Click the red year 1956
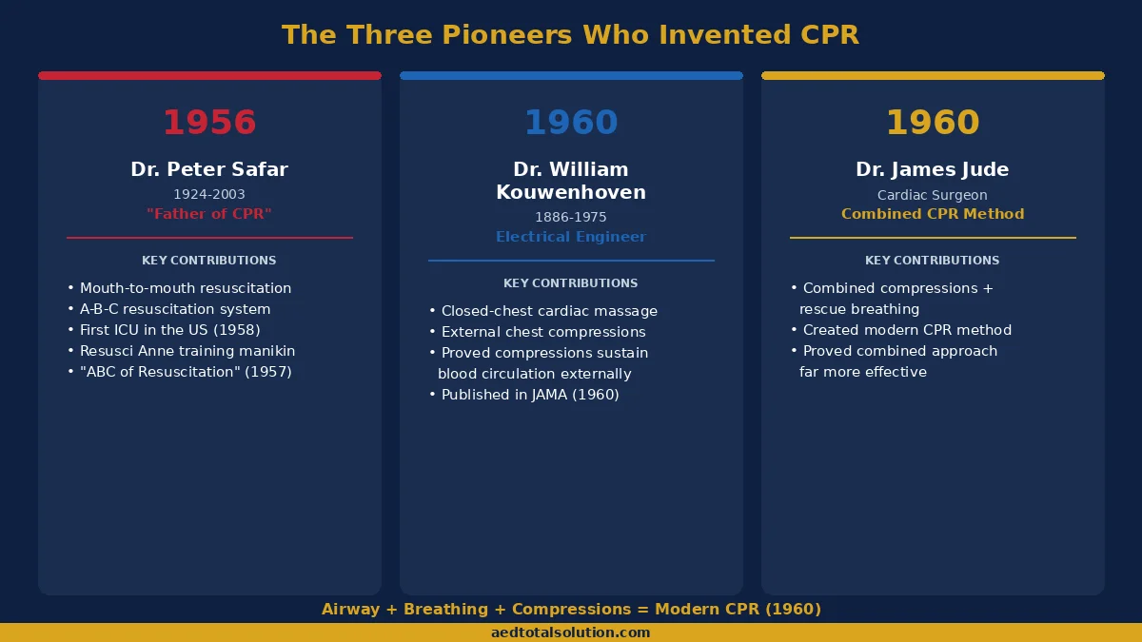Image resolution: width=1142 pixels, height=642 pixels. click(209, 123)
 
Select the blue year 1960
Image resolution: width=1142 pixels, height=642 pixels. click(571, 123)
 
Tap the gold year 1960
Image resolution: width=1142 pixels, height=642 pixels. click(933, 123)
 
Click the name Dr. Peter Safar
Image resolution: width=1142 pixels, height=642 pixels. click(209, 169)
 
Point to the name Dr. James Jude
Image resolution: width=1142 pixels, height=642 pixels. click(933, 169)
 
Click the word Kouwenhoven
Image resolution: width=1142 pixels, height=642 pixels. click(571, 192)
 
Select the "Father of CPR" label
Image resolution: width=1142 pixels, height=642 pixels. click(209, 214)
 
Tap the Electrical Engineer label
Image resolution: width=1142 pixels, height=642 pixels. click(571, 237)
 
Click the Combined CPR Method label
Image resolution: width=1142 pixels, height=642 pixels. click(933, 214)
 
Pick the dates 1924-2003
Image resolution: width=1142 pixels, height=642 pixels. click(209, 194)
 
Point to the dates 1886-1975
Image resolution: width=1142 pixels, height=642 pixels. click(571, 217)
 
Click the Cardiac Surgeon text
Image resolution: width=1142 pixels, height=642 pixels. click(933, 195)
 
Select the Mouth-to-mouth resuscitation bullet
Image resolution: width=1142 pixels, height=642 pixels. click(185, 288)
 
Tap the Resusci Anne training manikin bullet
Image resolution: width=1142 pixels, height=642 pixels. click(187, 351)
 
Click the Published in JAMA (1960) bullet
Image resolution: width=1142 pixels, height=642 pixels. click(529, 395)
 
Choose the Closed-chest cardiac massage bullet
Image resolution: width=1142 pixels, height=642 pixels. click(548, 311)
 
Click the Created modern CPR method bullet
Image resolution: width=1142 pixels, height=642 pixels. click(906, 330)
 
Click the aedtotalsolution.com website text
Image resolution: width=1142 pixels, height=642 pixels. click(571, 632)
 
